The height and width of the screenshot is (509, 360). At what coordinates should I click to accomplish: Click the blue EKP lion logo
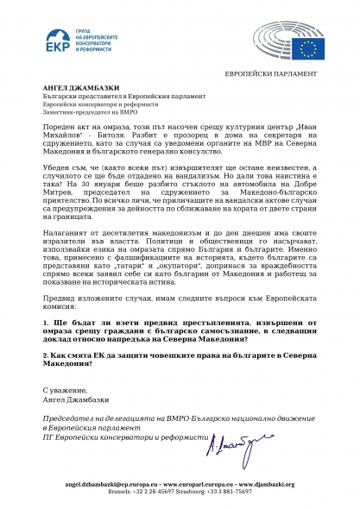(x=59, y=42)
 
